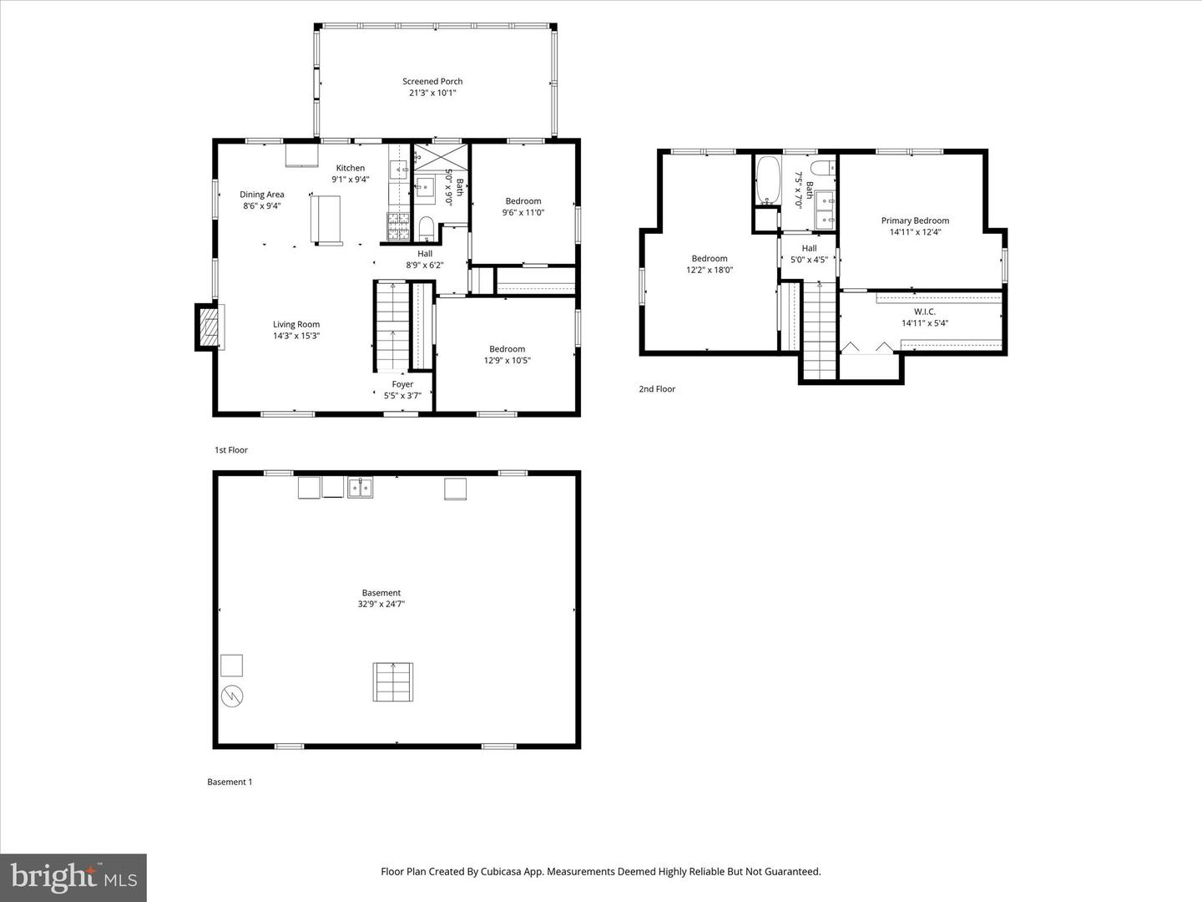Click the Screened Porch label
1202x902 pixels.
click(x=432, y=81)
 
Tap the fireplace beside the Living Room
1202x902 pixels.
click(x=210, y=327)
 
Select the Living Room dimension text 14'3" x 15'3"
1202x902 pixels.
click(x=296, y=336)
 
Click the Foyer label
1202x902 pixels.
click(x=402, y=384)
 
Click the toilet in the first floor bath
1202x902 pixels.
click(x=426, y=225)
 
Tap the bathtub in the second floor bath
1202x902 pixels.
click(x=767, y=180)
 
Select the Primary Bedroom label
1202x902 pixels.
click(x=915, y=220)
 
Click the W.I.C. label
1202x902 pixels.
click(x=924, y=312)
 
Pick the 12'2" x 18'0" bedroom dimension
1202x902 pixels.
click(x=710, y=270)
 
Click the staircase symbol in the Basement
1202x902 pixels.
click(x=392, y=682)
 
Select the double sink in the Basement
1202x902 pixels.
click(x=360, y=488)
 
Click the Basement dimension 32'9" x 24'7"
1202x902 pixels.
click(x=381, y=604)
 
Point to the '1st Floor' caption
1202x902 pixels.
click(x=231, y=450)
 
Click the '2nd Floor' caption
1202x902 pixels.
click(x=657, y=389)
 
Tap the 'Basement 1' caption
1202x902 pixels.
click(x=230, y=783)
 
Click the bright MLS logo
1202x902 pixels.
click(x=73, y=877)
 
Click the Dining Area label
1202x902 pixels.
click(x=262, y=195)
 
